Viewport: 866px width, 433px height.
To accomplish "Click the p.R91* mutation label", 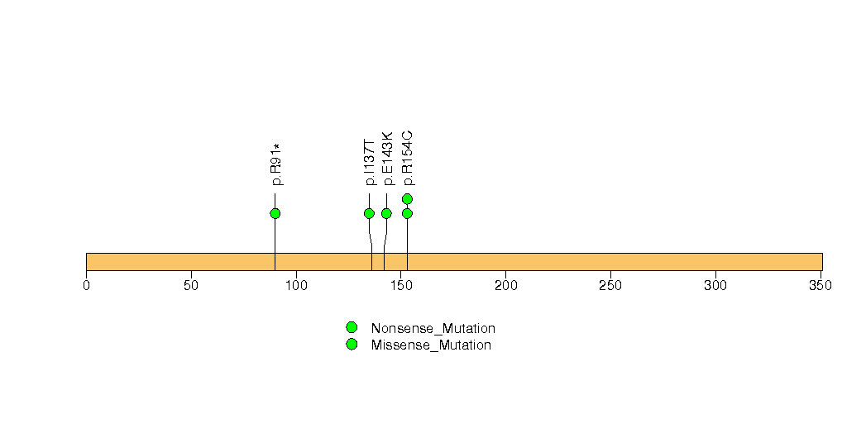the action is [275, 164].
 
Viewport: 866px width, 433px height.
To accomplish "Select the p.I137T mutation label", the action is [370, 162].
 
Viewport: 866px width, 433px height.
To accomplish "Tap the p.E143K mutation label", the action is [386, 159].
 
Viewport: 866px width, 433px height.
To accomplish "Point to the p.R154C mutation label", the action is [407, 159].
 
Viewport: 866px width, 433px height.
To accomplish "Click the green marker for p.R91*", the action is [275, 213].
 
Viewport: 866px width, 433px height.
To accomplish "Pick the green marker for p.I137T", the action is [370, 213].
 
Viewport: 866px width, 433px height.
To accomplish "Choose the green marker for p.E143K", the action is [386, 213].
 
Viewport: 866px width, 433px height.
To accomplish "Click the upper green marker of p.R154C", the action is [407, 198].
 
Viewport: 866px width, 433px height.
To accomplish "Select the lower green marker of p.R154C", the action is [407, 213].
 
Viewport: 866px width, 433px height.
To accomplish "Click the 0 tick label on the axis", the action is [86, 286].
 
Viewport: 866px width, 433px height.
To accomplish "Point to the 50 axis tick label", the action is [191, 286].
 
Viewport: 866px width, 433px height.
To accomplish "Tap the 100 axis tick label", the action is [296, 286].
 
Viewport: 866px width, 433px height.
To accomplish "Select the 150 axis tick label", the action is [401, 286].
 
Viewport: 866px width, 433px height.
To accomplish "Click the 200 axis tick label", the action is [506, 286].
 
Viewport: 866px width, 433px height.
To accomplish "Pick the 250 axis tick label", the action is [611, 286].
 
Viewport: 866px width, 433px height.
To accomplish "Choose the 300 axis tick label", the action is [715, 286].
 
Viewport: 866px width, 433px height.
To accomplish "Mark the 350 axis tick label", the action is [821, 286].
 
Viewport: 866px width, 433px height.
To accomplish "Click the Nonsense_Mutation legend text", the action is [433, 329].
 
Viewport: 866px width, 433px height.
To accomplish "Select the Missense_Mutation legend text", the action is [431, 345].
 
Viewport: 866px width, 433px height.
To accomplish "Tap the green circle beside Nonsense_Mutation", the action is [352, 328].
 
